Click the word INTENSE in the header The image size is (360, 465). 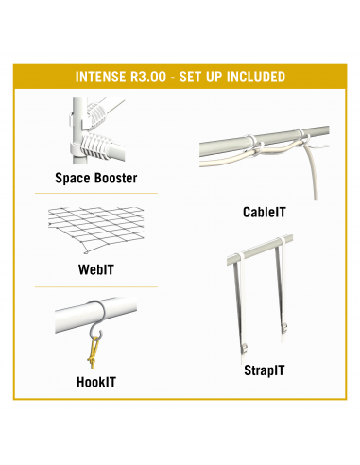point(100,77)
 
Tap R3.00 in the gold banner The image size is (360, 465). point(148,77)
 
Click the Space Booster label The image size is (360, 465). point(96,178)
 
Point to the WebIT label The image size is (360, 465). point(96,269)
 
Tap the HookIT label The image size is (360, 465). point(96,382)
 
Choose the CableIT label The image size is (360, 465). point(265,212)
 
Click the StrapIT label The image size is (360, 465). point(265,370)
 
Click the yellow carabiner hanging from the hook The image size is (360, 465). point(94,353)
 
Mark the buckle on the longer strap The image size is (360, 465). point(244,348)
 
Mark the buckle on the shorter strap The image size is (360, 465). point(284,328)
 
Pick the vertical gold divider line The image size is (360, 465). point(180,245)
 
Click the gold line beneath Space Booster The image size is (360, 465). point(96,193)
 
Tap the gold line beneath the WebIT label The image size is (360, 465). point(96,287)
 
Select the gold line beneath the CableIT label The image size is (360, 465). point(264,232)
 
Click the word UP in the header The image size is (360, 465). point(214,77)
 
